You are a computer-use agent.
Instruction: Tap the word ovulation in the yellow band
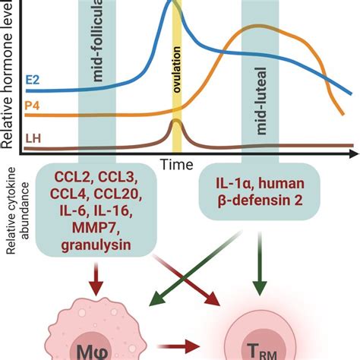(176, 68)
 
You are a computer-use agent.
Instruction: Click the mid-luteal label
(261, 114)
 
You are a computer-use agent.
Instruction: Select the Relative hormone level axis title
(9, 72)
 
